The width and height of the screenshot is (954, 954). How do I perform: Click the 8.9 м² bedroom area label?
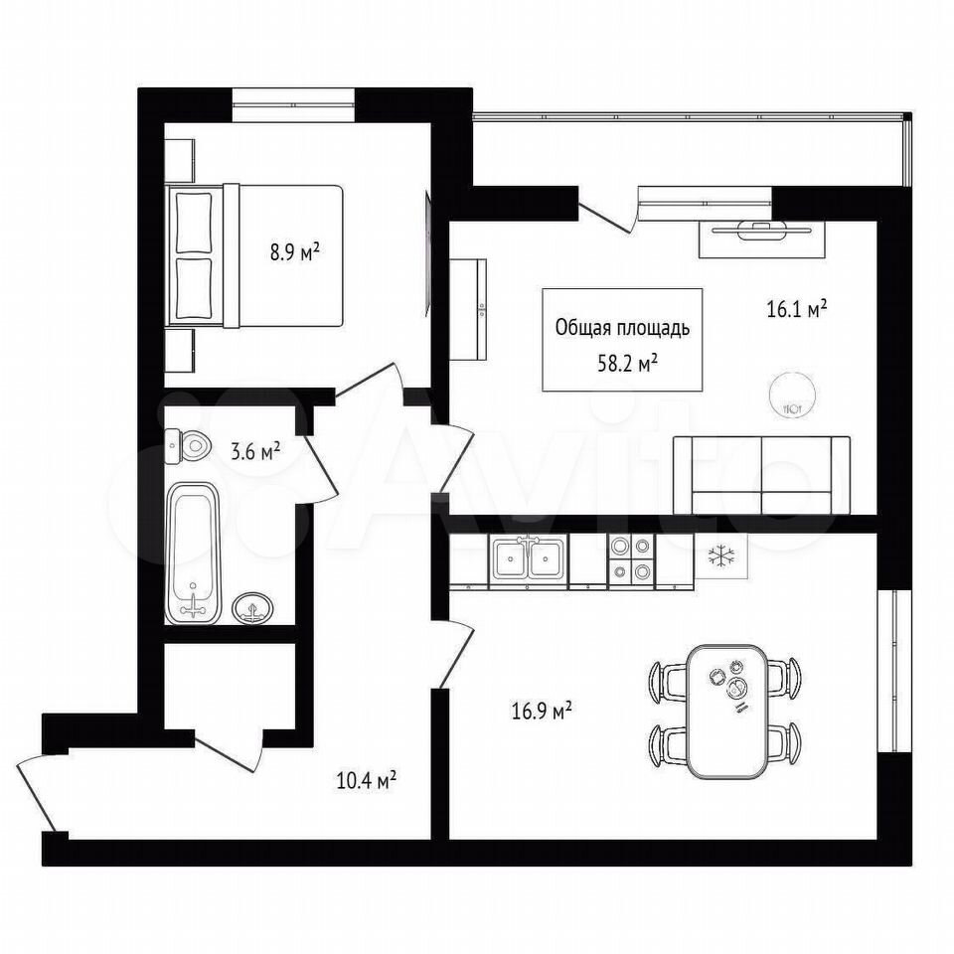[x=295, y=251]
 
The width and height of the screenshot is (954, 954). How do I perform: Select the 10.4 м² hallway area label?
[x=367, y=780]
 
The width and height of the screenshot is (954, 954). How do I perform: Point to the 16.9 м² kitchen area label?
[x=541, y=711]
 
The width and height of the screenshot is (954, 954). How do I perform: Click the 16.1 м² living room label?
[x=796, y=310]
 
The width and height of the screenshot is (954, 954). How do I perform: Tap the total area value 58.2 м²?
[x=627, y=364]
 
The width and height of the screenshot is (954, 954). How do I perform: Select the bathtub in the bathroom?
[x=193, y=553]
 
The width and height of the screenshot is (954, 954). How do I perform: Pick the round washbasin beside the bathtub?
[x=252, y=608]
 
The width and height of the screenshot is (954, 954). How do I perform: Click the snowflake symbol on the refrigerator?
[x=721, y=556]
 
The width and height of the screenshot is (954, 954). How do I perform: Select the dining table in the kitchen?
[x=726, y=712]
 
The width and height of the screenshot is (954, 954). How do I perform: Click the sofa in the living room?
[x=762, y=476]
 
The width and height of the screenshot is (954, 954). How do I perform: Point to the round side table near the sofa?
[x=789, y=394]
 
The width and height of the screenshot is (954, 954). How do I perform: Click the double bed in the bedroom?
[x=254, y=256]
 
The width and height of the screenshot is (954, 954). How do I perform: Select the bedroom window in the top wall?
[x=293, y=105]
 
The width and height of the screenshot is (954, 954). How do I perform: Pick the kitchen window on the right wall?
[x=893, y=671]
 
